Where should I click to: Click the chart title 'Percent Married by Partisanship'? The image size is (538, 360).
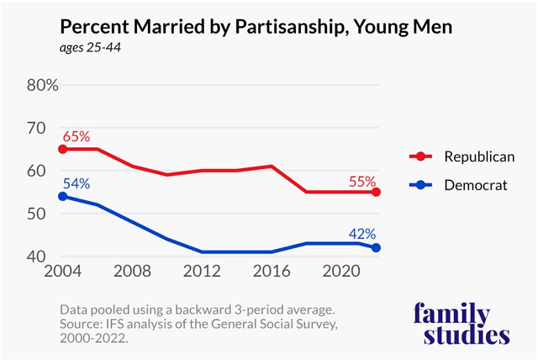[256, 27]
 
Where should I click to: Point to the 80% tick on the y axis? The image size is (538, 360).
[41, 85]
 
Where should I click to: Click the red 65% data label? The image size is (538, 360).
[74, 135]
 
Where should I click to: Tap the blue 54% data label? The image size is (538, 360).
[74, 183]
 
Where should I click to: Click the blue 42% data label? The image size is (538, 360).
[362, 233]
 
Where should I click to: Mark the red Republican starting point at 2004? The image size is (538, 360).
[61, 149]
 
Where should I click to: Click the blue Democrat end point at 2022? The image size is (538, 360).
[377, 247]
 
